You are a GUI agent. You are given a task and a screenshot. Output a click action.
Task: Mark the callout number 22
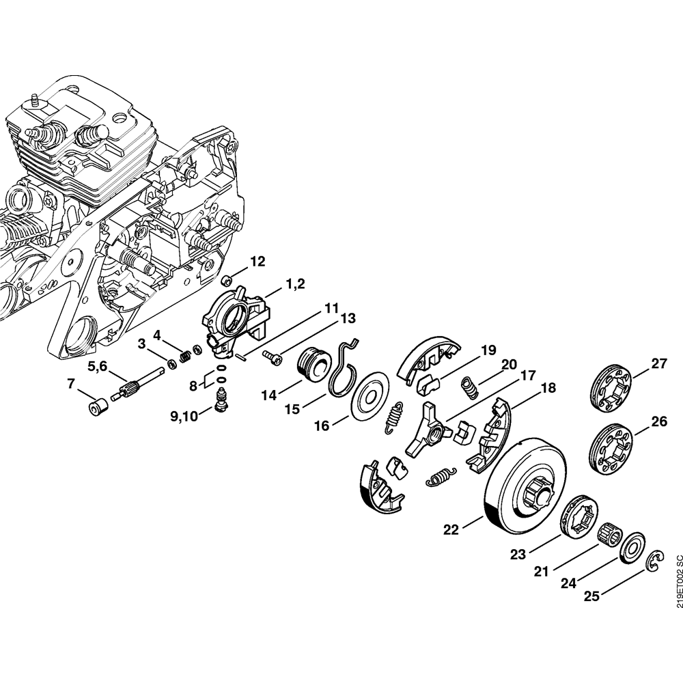click(x=451, y=529)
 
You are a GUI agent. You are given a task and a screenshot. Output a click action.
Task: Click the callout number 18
click(x=548, y=389)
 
